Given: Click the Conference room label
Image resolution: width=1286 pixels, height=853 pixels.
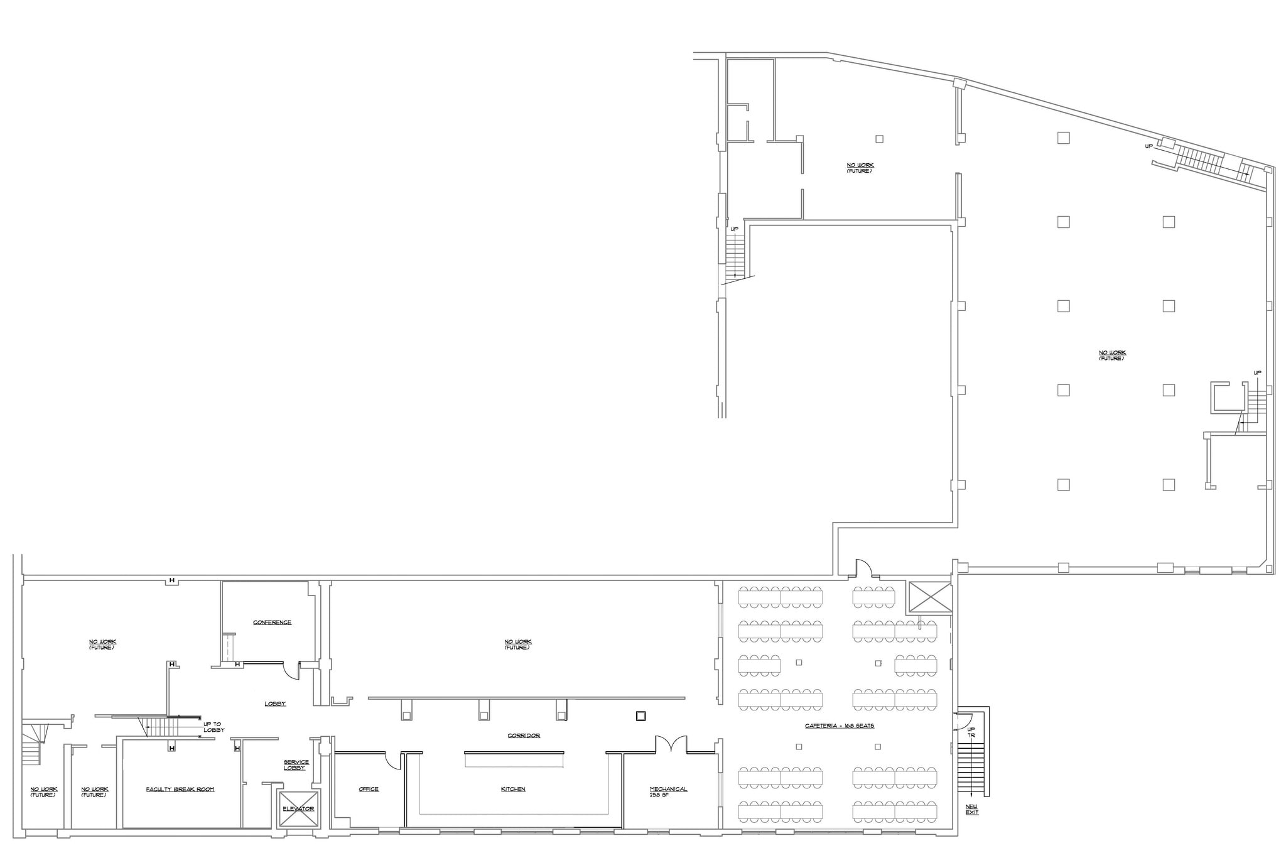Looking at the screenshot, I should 272,622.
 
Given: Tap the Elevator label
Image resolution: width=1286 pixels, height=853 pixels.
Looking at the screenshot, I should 298,808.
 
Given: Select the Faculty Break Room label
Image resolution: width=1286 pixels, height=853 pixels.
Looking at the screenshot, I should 180,789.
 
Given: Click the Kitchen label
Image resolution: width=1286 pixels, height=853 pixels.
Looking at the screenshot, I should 513,789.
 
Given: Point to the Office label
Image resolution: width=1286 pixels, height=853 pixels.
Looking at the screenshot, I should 369,789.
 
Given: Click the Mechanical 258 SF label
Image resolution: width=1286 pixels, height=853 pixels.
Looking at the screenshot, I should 668,791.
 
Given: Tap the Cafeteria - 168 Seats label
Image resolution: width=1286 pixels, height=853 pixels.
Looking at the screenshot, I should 840,725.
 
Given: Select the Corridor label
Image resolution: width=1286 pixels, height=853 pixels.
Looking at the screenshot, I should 524,736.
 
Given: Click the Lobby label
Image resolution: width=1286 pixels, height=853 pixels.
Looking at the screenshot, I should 275,704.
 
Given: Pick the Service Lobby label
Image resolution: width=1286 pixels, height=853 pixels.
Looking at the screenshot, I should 296,765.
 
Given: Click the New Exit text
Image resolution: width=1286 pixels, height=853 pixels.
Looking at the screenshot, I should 972,810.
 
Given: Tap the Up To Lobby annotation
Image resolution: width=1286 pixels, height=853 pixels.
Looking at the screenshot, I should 213,727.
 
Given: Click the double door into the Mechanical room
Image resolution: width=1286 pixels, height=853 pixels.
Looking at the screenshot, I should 671,746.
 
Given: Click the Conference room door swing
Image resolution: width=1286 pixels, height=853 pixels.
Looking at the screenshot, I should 291,671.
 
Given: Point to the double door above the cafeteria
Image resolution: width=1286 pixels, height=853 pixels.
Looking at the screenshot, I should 863,568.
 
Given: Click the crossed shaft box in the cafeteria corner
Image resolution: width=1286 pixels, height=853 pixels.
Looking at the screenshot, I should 930,597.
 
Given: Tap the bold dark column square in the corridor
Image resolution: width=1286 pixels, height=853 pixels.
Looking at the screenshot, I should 640,715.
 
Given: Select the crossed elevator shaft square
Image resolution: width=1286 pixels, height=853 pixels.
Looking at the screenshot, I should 298,808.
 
